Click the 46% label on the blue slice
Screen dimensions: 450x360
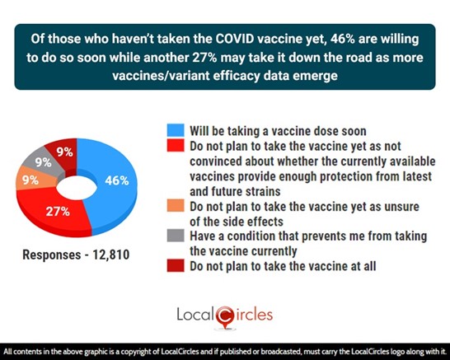117,180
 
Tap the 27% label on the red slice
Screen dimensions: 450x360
58,212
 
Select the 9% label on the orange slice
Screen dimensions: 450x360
30,180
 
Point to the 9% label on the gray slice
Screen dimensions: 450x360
44,162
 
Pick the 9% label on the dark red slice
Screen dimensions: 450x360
64,152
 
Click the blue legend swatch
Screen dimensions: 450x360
176,130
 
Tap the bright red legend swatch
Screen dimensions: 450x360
176,146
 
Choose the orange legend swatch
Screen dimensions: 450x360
176,206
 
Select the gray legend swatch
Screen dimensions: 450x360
176,236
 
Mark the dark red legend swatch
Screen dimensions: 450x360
176,265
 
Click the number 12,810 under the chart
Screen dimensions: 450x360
110,255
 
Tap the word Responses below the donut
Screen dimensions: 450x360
52,255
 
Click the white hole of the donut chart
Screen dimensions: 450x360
77,188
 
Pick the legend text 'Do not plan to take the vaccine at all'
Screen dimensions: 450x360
283,266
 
